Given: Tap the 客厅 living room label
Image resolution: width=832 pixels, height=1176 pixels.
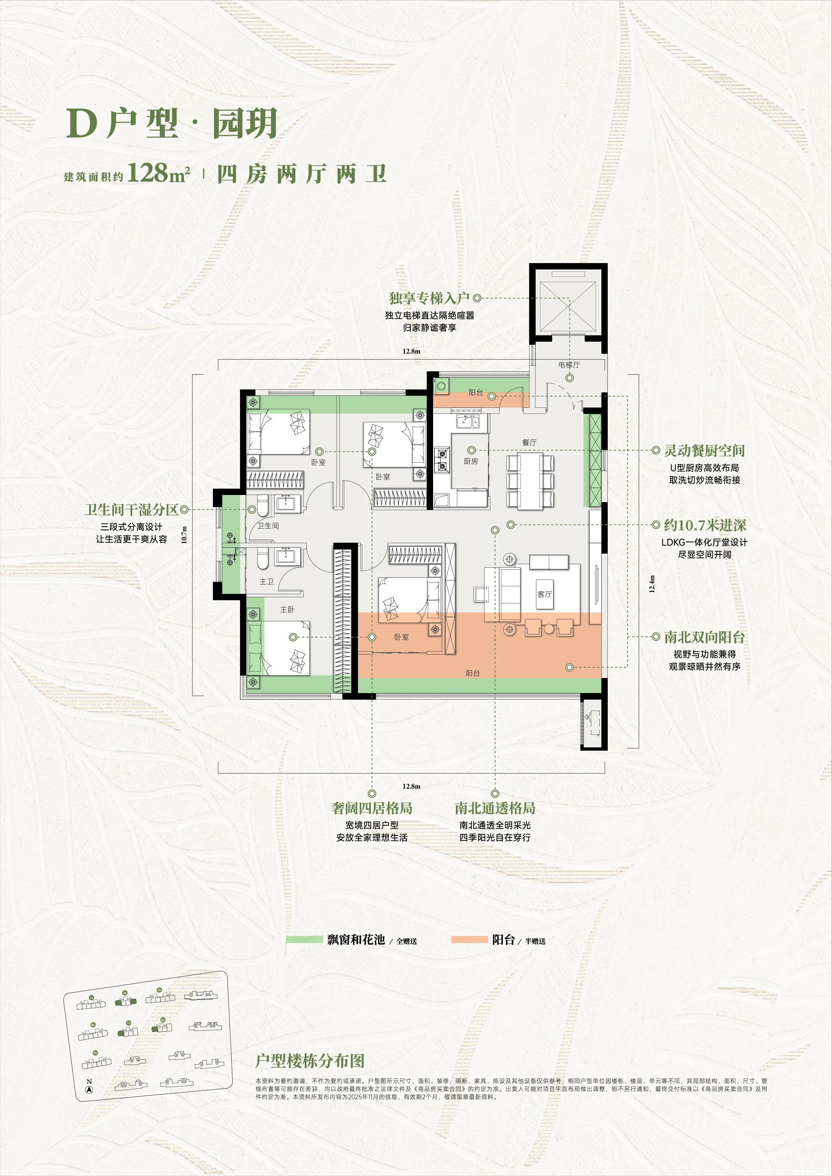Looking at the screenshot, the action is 545,594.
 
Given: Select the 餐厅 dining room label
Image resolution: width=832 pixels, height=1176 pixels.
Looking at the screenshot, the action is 529,442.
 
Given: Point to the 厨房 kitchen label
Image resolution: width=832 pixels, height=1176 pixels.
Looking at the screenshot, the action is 471,461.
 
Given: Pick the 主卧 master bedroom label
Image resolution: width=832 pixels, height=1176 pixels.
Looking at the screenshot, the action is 287,610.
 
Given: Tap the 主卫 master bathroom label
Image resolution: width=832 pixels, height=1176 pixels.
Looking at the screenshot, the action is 266,581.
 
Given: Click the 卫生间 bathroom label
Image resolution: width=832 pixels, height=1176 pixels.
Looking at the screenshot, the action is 268,526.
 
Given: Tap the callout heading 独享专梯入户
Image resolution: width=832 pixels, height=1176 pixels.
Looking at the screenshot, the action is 429,298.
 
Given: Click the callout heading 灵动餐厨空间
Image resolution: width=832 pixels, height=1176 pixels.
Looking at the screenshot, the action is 704,451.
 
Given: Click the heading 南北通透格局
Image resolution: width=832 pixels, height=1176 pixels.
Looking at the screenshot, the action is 495,808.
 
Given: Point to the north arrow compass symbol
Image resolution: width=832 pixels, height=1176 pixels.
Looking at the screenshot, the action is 90,1091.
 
